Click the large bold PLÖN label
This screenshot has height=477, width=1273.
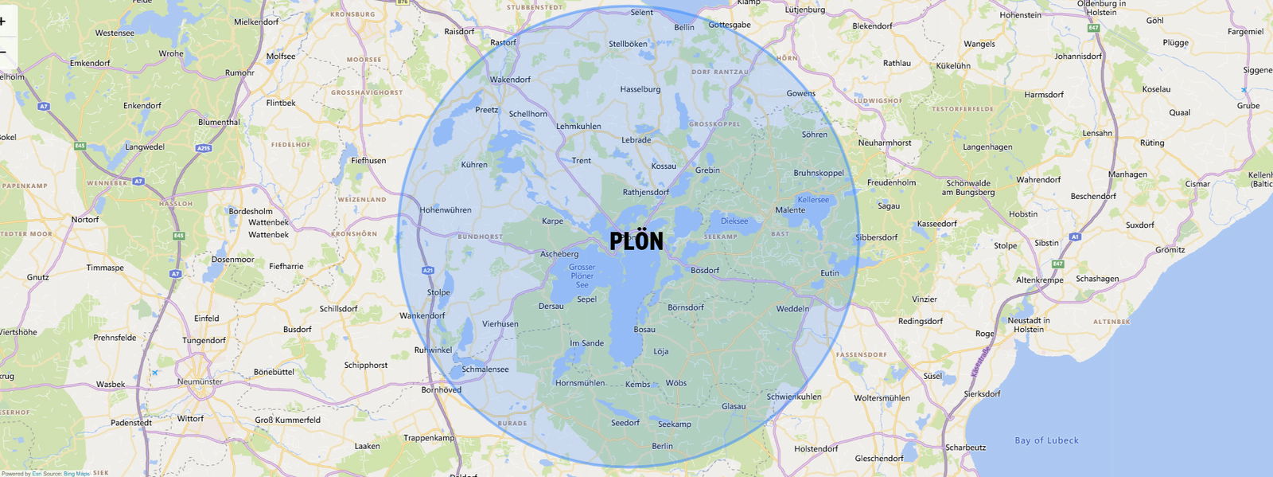(x=636, y=240)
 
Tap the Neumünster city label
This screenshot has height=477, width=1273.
(x=200, y=381)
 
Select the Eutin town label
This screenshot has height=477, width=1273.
(x=830, y=273)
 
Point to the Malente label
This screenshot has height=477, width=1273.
(x=790, y=210)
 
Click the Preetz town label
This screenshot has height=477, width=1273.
(x=486, y=110)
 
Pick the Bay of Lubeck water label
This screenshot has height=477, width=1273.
(x=1046, y=440)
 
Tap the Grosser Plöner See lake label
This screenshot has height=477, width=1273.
(x=582, y=276)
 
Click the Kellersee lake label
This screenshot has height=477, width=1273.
(x=813, y=200)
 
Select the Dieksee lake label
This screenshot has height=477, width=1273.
(x=734, y=221)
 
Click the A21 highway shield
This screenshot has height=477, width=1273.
(x=428, y=271)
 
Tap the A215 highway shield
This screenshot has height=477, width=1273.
(x=204, y=148)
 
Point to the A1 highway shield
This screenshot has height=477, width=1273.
(x=1076, y=237)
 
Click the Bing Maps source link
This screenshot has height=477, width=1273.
(x=76, y=474)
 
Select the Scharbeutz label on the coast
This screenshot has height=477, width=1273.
(x=965, y=448)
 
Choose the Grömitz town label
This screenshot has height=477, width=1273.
(x=1170, y=250)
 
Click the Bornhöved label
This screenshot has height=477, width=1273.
(x=441, y=389)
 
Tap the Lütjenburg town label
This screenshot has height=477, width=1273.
(x=804, y=10)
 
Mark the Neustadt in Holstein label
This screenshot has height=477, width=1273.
(x=1029, y=325)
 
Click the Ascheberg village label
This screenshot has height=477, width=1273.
(x=559, y=254)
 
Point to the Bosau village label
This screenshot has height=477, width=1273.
(x=644, y=330)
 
